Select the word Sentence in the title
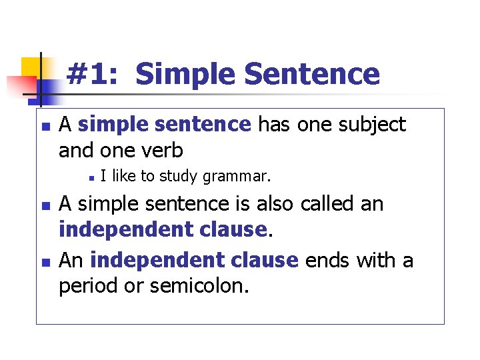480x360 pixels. (312, 73)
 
